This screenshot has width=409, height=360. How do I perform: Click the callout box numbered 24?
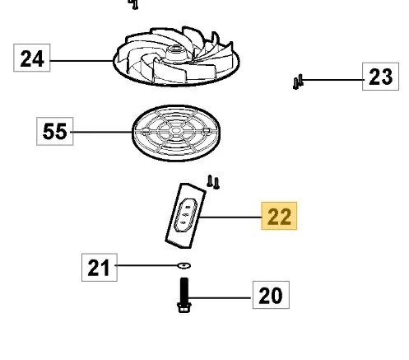pyautogui.click(x=32, y=58)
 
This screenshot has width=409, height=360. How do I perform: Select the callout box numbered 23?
pyautogui.click(x=380, y=77)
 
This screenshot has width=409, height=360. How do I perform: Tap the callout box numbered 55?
pyautogui.click(x=55, y=131)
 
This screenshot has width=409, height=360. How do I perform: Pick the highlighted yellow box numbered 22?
pyautogui.click(x=279, y=216)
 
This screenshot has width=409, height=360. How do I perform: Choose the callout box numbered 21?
pyautogui.click(x=100, y=267)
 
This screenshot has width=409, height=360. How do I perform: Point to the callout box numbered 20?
pyautogui.click(x=271, y=295)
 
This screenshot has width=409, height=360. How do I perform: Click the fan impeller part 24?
pyautogui.click(x=176, y=57)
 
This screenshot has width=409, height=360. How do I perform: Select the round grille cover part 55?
pyautogui.click(x=176, y=133)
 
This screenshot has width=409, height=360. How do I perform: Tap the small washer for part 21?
pyautogui.click(x=184, y=265)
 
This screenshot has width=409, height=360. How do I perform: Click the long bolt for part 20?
pyautogui.click(x=184, y=295)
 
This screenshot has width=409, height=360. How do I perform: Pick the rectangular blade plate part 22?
pyautogui.click(x=185, y=216)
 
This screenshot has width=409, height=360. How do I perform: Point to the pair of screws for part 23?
pyautogui.click(x=298, y=82)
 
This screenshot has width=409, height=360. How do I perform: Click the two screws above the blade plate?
pyautogui.click(x=213, y=182)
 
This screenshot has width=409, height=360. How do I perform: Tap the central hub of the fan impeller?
pyautogui.click(x=175, y=52)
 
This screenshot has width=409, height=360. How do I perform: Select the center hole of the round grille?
pyautogui.click(x=176, y=130)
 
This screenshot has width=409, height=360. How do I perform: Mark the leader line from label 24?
pyautogui.click(x=81, y=61)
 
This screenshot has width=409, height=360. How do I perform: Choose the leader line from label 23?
pyautogui.click(x=332, y=80)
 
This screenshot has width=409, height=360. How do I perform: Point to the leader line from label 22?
pyautogui.click(x=230, y=217)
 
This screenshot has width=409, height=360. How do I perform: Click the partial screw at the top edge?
pyautogui.click(x=133, y=4)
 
